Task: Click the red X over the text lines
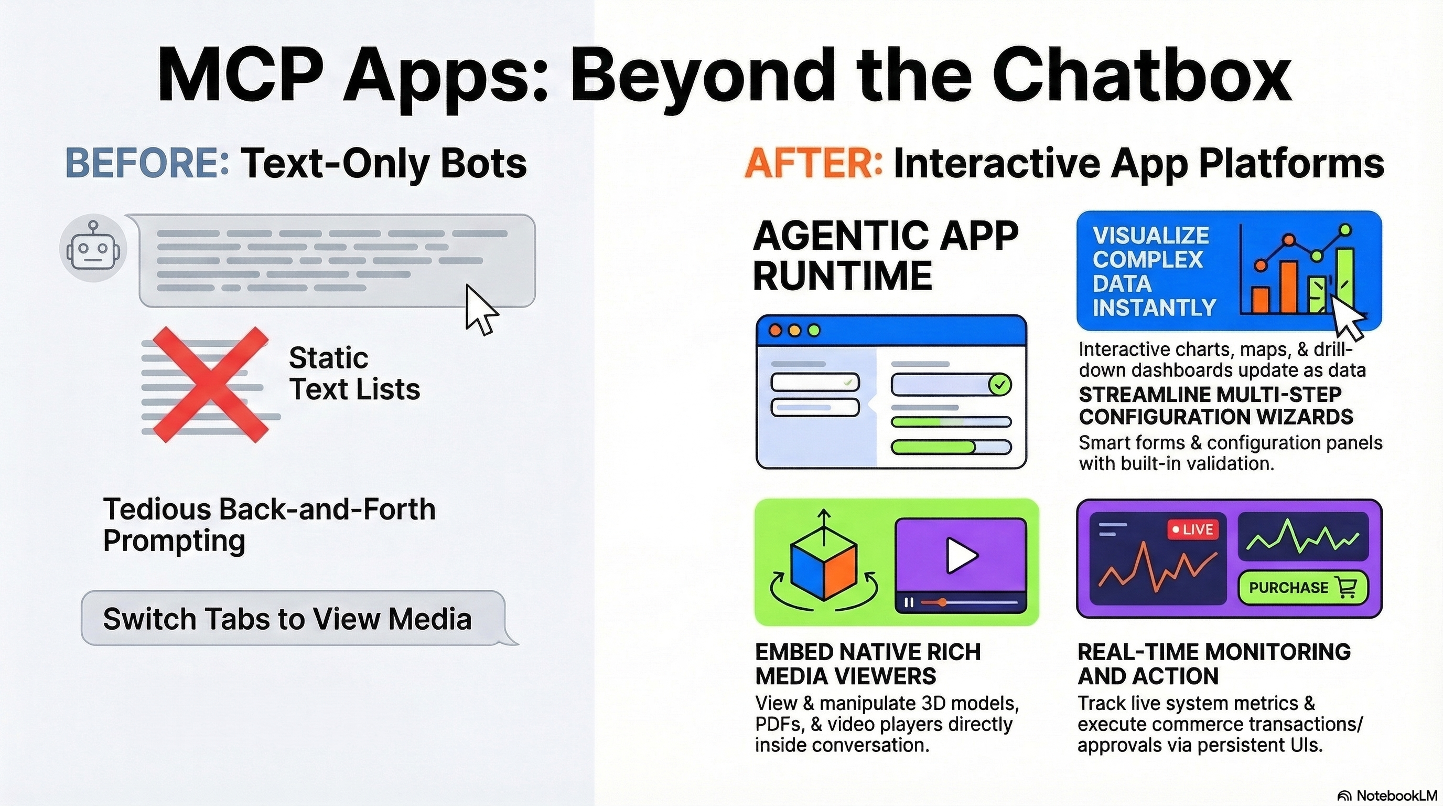click(x=210, y=385)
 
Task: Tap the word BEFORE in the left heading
click(x=147, y=163)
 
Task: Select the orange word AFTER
click(x=813, y=163)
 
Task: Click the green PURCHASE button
click(x=1302, y=587)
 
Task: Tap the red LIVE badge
click(x=1192, y=529)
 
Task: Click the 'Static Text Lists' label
click(x=354, y=373)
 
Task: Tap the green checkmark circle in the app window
click(x=1000, y=385)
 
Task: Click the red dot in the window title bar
click(x=776, y=330)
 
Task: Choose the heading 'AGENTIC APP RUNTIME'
click(x=885, y=256)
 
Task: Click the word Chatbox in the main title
click(x=1143, y=74)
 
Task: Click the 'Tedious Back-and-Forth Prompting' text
click(x=269, y=525)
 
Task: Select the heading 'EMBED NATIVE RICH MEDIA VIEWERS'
click(x=868, y=664)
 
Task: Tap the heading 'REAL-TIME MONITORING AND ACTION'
click(x=1214, y=664)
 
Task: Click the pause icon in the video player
click(x=909, y=602)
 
